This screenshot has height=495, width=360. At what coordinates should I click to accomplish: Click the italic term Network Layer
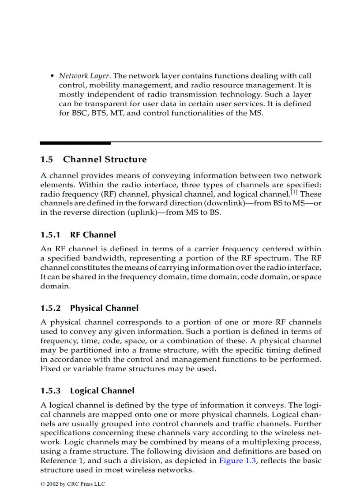tap(84, 76)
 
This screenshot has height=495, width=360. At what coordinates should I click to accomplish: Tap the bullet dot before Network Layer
tap(52, 76)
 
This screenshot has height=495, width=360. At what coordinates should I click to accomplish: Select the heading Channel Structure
tap(105, 159)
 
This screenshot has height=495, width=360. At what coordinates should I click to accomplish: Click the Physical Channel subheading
tap(104, 308)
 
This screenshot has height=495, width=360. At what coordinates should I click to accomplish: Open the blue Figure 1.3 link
tap(237, 461)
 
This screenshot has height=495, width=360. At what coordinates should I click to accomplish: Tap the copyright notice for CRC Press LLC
tap(73, 484)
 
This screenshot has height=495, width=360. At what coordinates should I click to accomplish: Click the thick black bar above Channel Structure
tap(75, 143)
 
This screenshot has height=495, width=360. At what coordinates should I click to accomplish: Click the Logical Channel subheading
tap(102, 391)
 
